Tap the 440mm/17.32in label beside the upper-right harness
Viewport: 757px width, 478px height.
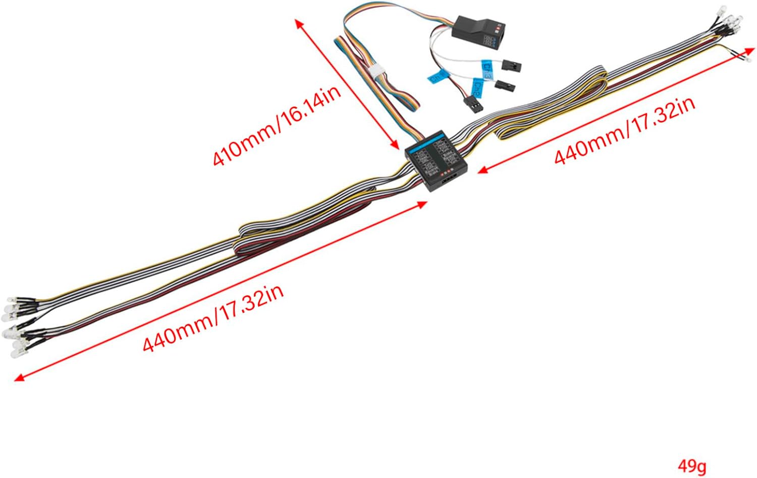coord(625,129)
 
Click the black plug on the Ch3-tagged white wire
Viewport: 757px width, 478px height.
coord(511,66)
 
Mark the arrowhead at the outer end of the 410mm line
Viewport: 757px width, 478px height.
coord(299,23)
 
